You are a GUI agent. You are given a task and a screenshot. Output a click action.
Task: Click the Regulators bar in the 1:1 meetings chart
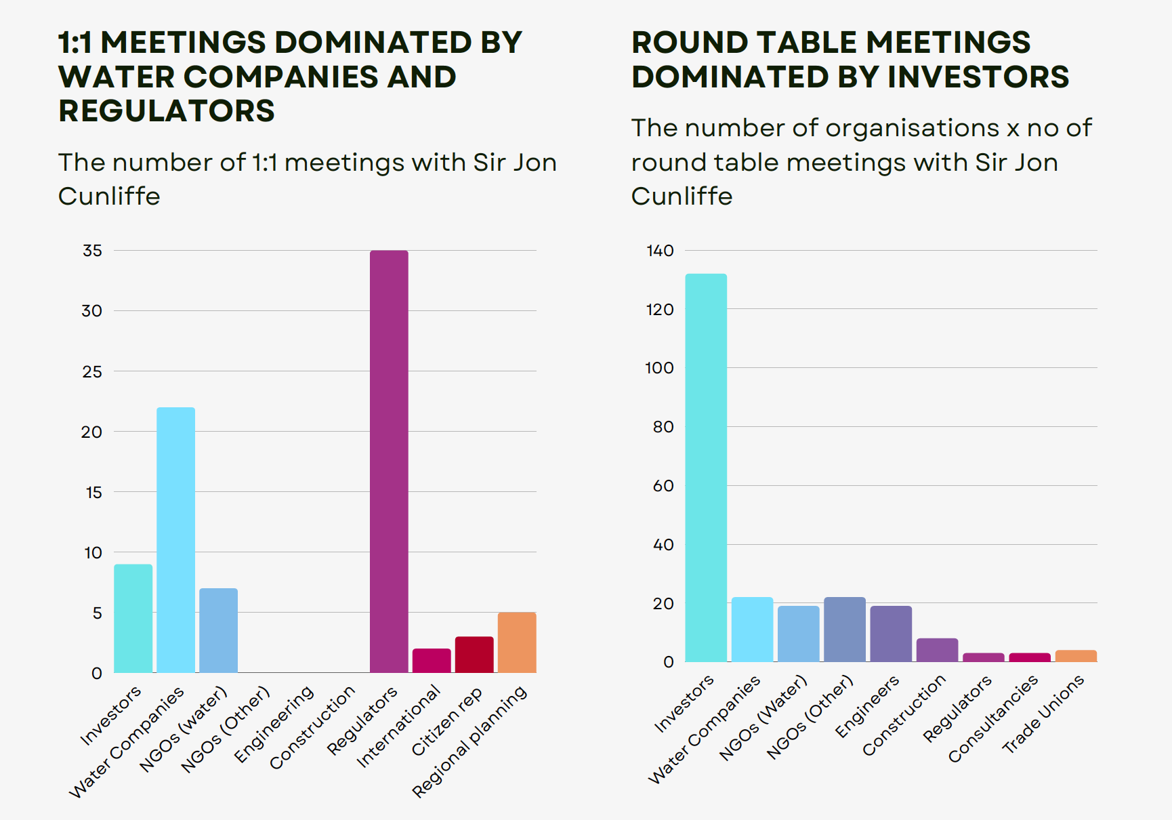pyautogui.click(x=389, y=461)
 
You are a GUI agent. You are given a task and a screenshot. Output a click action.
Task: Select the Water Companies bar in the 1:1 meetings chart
pyautogui.click(x=175, y=539)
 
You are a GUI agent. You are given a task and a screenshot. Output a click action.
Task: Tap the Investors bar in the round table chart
pyautogui.click(x=706, y=468)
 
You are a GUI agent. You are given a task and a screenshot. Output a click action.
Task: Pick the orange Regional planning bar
pyautogui.click(x=517, y=642)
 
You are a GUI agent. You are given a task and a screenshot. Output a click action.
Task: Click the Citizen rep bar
pyautogui.click(x=474, y=655)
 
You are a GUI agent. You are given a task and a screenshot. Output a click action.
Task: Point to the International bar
pyautogui.click(x=432, y=661)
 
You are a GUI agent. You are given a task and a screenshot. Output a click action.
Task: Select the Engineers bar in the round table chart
pyautogui.click(x=891, y=634)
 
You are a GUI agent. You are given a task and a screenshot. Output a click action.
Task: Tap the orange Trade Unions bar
pyautogui.click(x=1076, y=656)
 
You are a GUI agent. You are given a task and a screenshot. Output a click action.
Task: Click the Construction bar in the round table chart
pyautogui.click(x=937, y=650)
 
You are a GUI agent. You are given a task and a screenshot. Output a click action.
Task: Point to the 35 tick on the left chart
pyautogui.click(x=92, y=251)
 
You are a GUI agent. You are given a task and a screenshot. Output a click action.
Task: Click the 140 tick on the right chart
pyautogui.click(x=660, y=251)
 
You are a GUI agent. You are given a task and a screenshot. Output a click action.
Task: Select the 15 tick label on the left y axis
pyautogui.click(x=93, y=493)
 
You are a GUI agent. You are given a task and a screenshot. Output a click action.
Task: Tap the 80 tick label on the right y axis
pyautogui.click(x=663, y=427)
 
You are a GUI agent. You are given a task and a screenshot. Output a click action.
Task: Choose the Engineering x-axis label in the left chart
pyautogui.click(x=274, y=724)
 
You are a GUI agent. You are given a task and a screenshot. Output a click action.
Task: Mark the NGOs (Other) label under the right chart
pyautogui.click(x=810, y=718)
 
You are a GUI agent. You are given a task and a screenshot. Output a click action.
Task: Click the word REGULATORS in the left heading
pyautogui.click(x=167, y=111)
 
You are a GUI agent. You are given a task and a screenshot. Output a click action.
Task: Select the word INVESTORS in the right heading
pyautogui.click(x=978, y=77)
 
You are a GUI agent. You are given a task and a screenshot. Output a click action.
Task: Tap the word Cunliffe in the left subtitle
pyautogui.click(x=109, y=197)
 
